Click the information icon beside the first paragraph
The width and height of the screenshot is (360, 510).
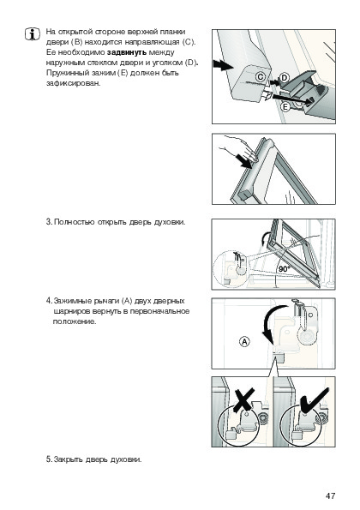coord(33,34)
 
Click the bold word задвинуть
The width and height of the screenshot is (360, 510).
coord(127,52)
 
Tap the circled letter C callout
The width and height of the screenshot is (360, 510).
coord(261,77)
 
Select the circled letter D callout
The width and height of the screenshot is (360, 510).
coord(285,78)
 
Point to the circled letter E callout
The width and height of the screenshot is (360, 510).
coord(285,106)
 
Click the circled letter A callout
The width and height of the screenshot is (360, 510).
coord(244,342)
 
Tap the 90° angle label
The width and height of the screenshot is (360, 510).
coord(284,268)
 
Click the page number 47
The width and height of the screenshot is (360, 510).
coord(330,495)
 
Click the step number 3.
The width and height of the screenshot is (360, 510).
coord(49,222)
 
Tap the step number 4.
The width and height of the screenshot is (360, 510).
coord(49,301)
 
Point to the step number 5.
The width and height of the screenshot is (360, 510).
coord(49,459)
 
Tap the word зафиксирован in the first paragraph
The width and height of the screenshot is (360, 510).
coord(74,84)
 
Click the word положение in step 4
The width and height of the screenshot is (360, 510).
coord(75,322)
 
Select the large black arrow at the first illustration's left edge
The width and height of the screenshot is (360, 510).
coord(223,65)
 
